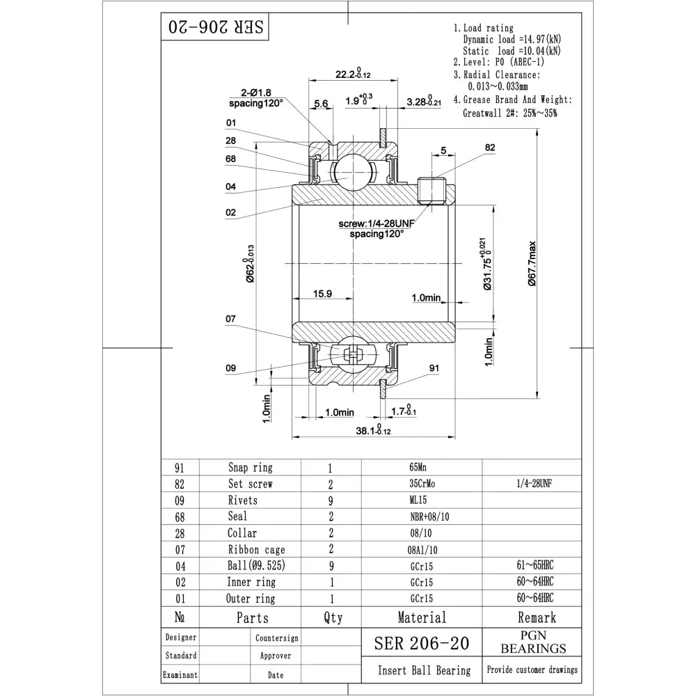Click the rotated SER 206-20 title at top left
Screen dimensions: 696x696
[x=215, y=28]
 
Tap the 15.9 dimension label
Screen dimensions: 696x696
[x=322, y=294]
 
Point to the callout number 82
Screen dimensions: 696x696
[x=490, y=148]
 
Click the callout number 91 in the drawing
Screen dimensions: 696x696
[x=434, y=368]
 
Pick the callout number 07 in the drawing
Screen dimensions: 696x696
[x=231, y=319]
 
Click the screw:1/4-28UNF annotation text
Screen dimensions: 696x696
[x=376, y=224]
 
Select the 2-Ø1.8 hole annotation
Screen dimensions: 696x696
[x=256, y=92]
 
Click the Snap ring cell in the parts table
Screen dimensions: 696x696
[x=250, y=468]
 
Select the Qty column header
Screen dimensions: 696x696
[x=333, y=617]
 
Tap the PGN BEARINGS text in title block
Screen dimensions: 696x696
[x=533, y=642]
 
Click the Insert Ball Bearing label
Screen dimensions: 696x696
[x=424, y=671]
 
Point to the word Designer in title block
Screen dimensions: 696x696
[x=180, y=637]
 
